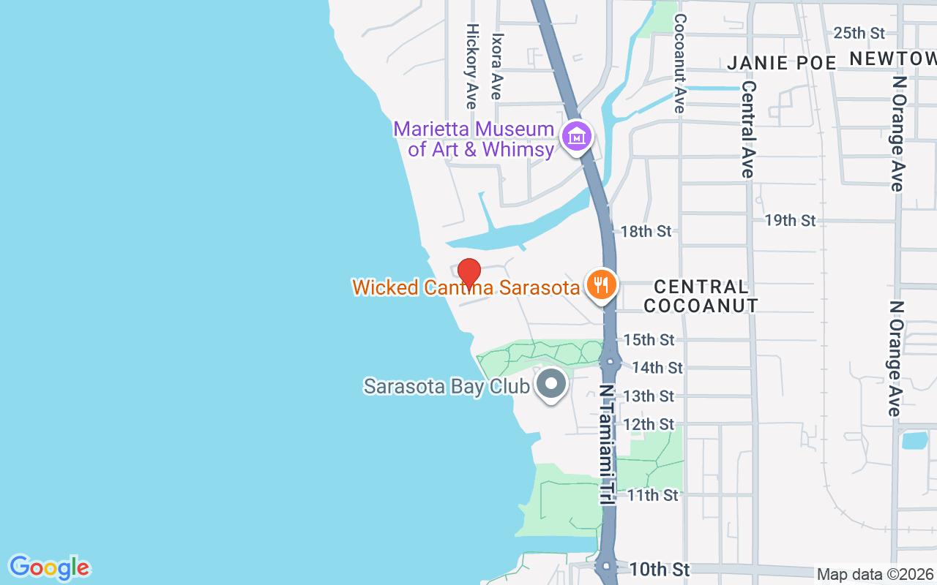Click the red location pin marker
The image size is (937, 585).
[468, 272]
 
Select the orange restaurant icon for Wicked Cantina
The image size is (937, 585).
[602, 284]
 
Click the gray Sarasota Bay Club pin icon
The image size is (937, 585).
[551, 383]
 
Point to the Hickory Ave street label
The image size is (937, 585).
[472, 66]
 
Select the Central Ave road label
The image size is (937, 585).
[747, 129]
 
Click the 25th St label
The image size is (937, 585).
[859, 33]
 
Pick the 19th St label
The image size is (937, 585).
[790, 220]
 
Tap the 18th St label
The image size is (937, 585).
[646, 231]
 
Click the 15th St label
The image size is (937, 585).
[649, 340]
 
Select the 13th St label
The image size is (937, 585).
[649, 396]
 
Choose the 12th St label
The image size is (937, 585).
[649, 425]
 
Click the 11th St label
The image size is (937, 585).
[653, 495]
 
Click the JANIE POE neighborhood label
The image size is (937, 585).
[782, 63]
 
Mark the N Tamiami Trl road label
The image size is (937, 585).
[607, 445]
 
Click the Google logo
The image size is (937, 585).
[49, 567]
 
